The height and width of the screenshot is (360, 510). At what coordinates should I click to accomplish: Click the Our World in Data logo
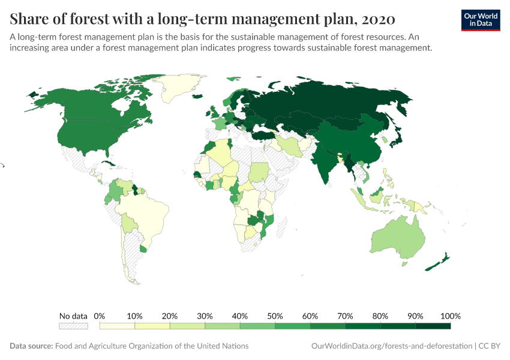tap(480, 20)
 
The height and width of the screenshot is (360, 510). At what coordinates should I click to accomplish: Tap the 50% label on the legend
tap(275, 316)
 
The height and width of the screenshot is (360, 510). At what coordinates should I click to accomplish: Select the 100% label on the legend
tap(450, 316)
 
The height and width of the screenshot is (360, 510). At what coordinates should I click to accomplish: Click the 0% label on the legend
tap(100, 316)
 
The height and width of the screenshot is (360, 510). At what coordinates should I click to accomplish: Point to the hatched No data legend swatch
tap(73, 326)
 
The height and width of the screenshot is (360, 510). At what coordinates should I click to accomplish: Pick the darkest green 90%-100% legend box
tap(433, 326)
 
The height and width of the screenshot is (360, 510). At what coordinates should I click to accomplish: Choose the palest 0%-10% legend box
tap(117, 326)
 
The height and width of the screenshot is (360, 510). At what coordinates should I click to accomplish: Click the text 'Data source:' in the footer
tap(31, 346)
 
